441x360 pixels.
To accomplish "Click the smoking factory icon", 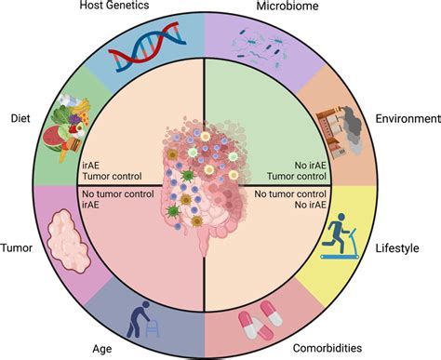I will point(341,127).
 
